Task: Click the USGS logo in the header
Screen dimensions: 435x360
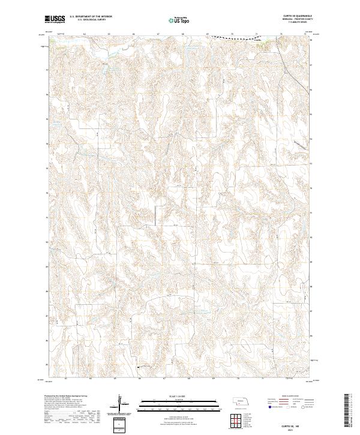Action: (54, 20)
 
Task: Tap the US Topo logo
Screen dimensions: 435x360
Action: (176, 20)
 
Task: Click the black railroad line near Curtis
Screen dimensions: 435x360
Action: (240, 38)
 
